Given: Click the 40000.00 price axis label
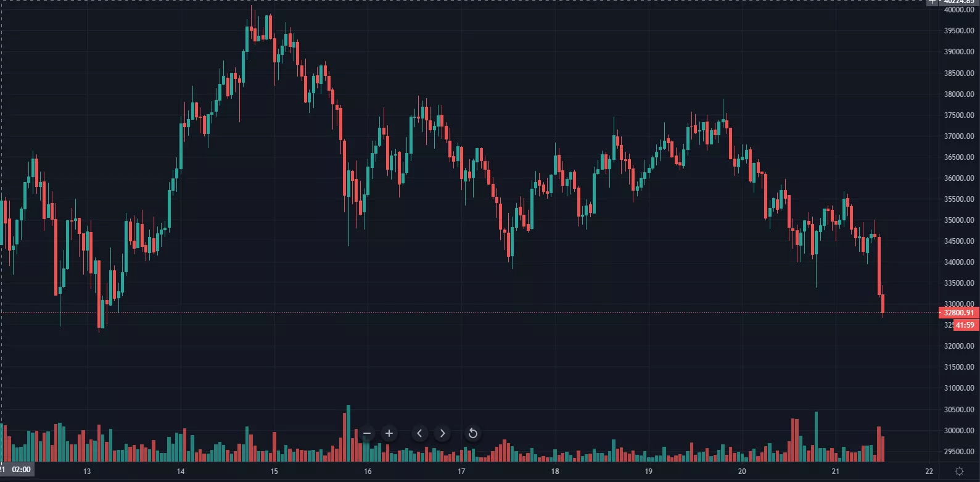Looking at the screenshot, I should (x=959, y=10).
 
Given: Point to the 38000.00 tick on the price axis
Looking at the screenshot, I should (x=959, y=94).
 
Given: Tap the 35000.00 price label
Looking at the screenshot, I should (x=959, y=220).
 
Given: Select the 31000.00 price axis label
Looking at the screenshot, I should (x=959, y=388).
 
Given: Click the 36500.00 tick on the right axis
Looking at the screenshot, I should (x=959, y=157).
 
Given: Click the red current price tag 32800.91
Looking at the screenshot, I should (x=959, y=313).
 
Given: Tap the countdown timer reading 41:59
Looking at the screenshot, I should (x=965, y=325).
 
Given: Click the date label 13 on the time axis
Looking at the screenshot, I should (x=87, y=472).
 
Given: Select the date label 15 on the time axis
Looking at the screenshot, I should (x=274, y=472).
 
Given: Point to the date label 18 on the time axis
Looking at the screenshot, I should (x=554, y=472).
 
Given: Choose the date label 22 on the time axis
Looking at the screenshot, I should (x=929, y=472).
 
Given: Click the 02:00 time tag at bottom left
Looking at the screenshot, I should (x=21, y=470).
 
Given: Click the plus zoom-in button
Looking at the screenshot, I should (x=389, y=433).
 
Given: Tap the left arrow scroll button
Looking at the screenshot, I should (x=419, y=433).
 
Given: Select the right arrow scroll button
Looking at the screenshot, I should (x=442, y=433).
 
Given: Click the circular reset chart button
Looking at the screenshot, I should (x=473, y=433).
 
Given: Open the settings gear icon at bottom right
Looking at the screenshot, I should (x=959, y=471).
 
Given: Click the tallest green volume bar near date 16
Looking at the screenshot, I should (x=348, y=433).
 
